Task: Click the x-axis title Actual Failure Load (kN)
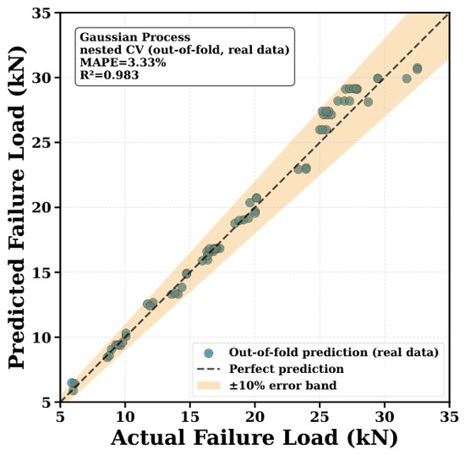(254, 437)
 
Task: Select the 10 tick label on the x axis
(125, 417)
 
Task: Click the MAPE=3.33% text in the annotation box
(123, 63)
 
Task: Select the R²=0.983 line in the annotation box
(109, 74)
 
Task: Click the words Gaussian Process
(135, 37)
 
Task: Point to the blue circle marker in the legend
(209, 353)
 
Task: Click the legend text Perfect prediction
(287, 369)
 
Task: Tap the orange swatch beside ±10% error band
(209, 386)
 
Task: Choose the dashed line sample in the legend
(209, 369)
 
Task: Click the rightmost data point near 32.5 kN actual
(418, 69)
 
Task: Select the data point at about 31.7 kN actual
(407, 79)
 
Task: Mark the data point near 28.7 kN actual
(368, 102)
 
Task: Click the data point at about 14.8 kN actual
(187, 274)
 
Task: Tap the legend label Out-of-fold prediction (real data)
(334, 353)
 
